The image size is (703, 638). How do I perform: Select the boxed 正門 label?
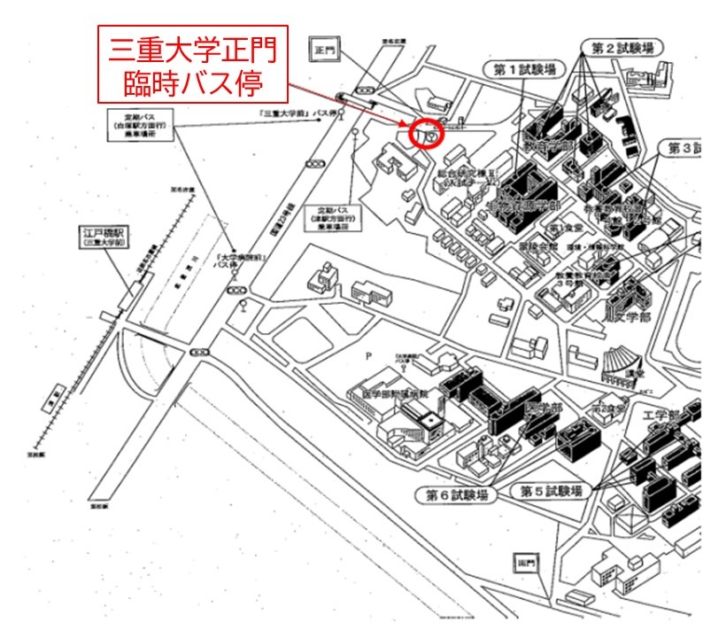[323, 52]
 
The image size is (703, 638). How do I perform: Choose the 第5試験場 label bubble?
[551, 490]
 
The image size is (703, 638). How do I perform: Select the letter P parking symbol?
[366, 355]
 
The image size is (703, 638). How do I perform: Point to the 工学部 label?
[661, 416]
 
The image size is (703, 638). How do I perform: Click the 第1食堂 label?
[563, 228]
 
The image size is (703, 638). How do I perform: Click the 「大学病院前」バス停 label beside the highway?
[232, 262]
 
